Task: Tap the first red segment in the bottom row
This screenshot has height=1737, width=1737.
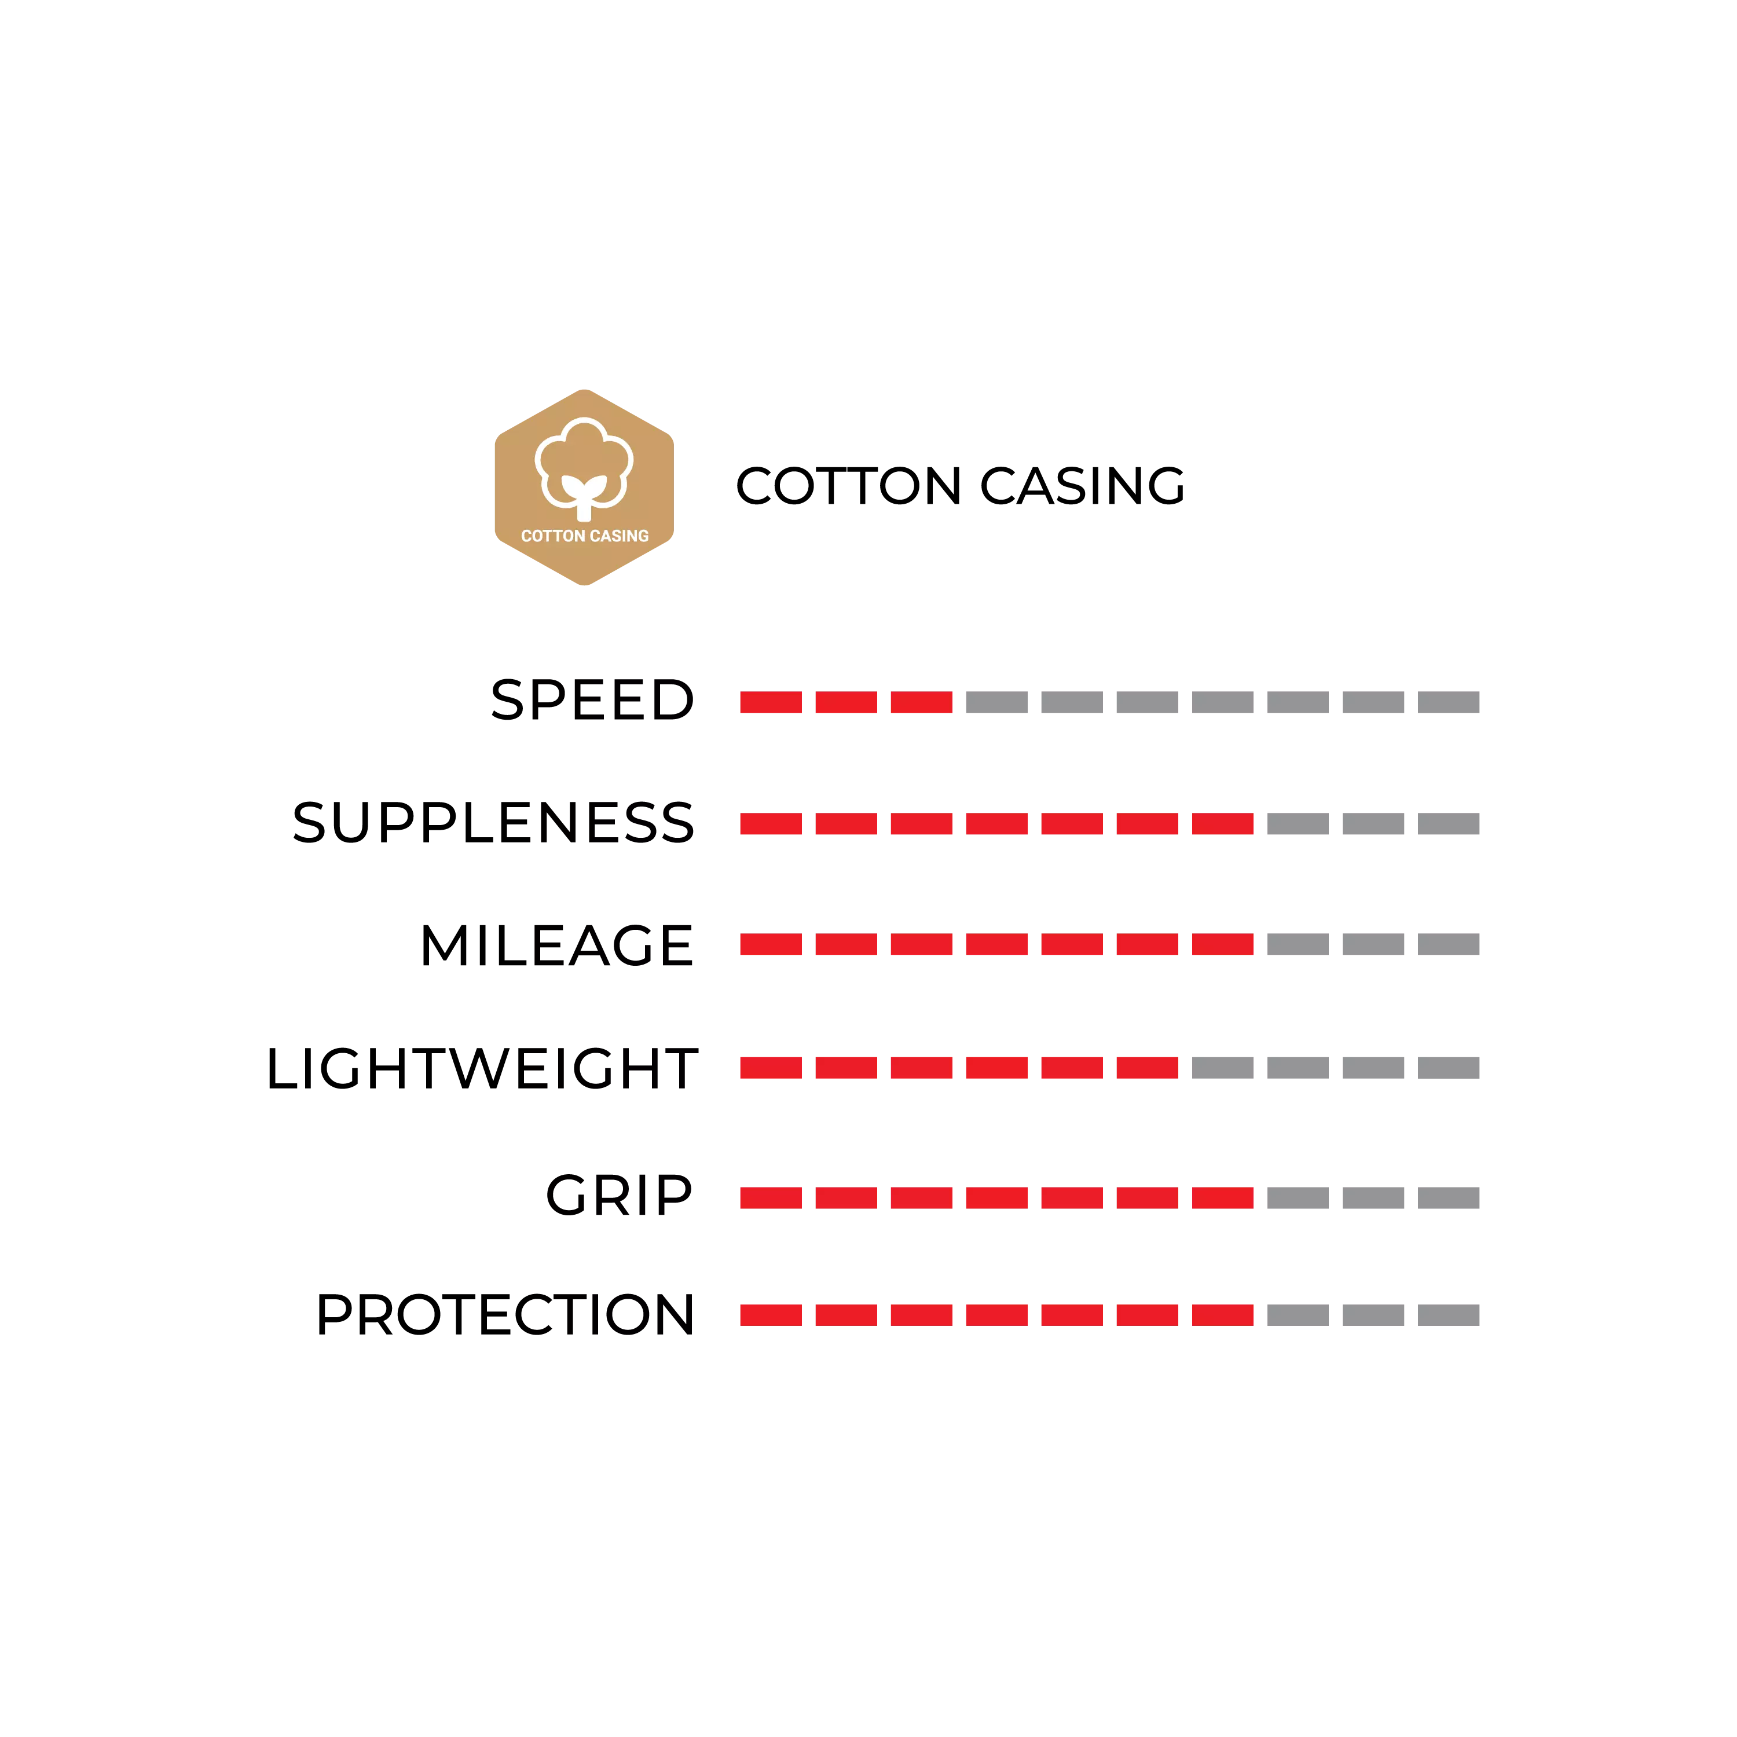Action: coord(771,1315)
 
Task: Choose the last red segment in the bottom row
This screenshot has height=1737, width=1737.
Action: coord(1223,1315)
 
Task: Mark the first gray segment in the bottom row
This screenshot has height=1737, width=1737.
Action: coord(1296,1315)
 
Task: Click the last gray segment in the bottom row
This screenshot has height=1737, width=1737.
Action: coord(1449,1315)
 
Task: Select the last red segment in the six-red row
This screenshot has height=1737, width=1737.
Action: coord(1148,1067)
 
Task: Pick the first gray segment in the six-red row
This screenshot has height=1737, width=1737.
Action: coord(1223,1067)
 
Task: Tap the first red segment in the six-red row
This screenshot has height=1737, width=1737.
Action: coord(771,1067)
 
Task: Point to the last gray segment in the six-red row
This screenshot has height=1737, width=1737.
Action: coord(1449,1067)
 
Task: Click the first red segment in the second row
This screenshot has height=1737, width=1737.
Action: coord(771,824)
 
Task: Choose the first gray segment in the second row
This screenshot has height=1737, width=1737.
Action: coord(1296,824)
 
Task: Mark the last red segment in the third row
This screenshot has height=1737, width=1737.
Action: coord(1223,945)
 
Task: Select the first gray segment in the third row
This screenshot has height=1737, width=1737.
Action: coord(1296,945)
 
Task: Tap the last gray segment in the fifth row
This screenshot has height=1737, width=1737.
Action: coord(1449,1197)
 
